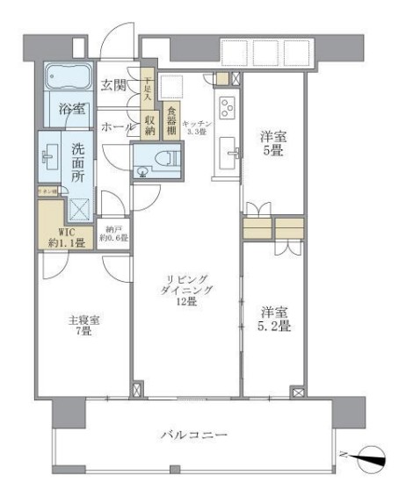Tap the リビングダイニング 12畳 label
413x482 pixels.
(x=185, y=291)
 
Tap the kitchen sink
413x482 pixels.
(x=233, y=151)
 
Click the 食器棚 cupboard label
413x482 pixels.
(x=171, y=119)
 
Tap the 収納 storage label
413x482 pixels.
(x=149, y=119)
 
